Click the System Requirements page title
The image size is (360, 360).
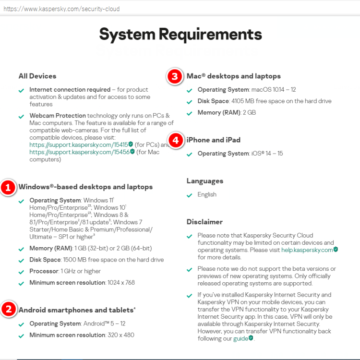click(x=180, y=35)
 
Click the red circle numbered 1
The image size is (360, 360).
click(x=8, y=187)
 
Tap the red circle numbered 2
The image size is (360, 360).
click(x=8, y=310)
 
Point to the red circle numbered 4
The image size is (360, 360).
click(x=176, y=140)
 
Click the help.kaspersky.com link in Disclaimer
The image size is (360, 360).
click(x=307, y=250)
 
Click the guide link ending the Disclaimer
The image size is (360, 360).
click(x=240, y=338)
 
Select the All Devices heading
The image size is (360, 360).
click(x=37, y=76)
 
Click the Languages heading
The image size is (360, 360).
click(x=205, y=181)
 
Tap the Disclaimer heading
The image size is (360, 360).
click(x=204, y=222)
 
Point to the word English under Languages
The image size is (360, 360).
click(x=207, y=194)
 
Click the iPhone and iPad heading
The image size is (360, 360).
click(x=214, y=140)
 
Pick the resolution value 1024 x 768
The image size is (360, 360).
click(x=121, y=283)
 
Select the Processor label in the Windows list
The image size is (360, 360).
click(x=43, y=271)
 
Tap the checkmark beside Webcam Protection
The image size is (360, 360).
click(x=21, y=116)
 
